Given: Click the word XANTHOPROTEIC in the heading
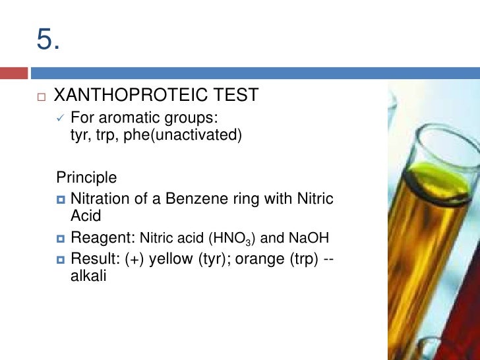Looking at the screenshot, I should (130, 96).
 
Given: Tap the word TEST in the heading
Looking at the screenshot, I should (235, 96).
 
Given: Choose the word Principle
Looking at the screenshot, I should (86, 177).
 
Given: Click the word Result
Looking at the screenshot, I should (95, 260).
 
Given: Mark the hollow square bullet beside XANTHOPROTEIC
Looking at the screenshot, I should (40, 97).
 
